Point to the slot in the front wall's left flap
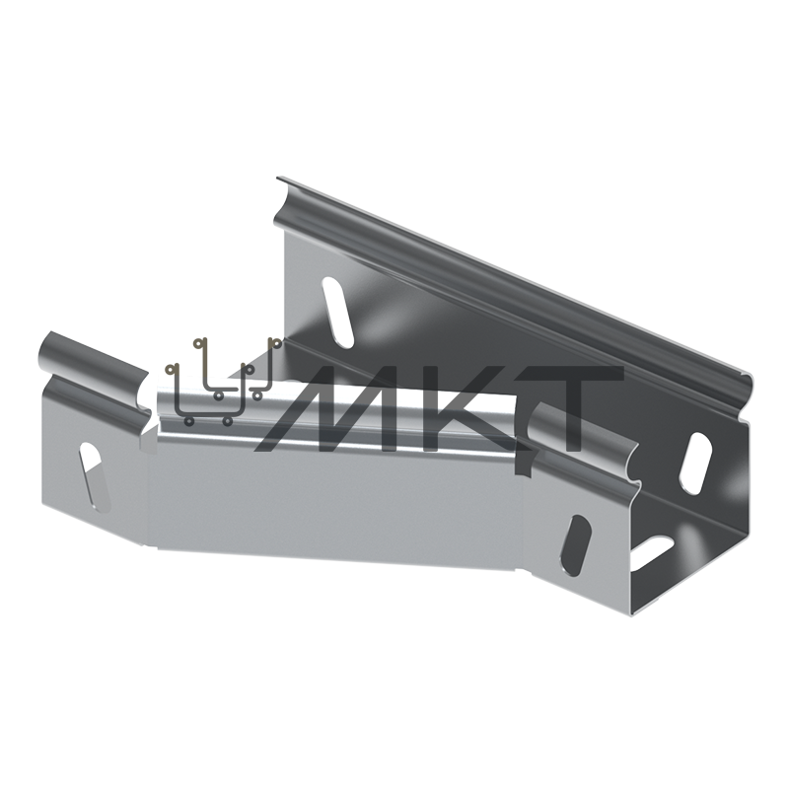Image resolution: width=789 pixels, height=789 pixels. pyautogui.click(x=94, y=476)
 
